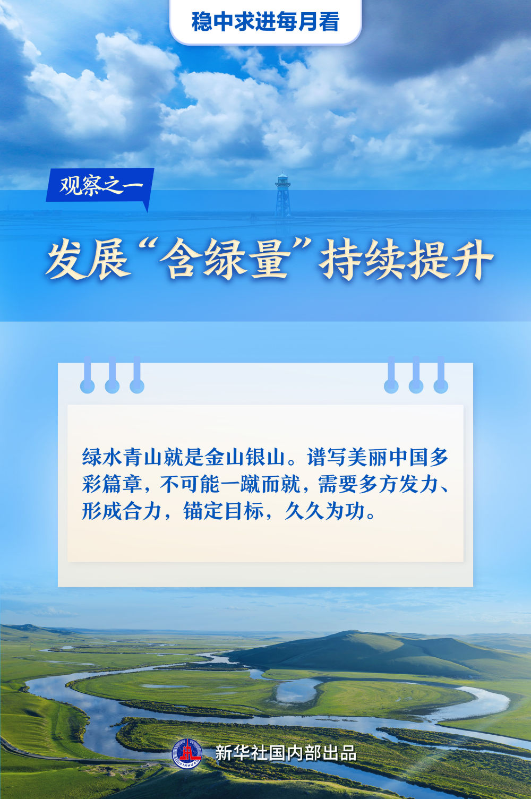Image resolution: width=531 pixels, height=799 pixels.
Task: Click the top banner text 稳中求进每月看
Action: point(265,22)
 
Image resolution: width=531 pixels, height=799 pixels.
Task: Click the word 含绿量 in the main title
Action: point(224,259)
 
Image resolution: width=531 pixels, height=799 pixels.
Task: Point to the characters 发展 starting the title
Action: point(88,259)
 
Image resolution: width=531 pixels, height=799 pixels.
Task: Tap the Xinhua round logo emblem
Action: point(187,753)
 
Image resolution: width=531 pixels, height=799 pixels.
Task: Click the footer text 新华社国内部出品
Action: point(286,753)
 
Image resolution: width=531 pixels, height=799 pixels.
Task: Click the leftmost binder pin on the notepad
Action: point(88,374)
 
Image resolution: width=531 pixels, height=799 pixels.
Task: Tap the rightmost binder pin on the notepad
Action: point(441,374)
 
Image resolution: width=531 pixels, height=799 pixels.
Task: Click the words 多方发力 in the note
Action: point(398,484)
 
